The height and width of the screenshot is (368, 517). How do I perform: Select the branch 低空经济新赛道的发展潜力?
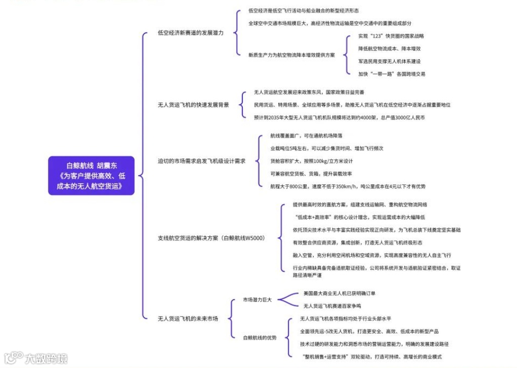[190, 32]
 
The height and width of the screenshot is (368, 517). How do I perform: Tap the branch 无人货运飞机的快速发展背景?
[193, 105]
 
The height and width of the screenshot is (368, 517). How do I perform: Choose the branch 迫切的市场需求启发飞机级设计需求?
[201, 161]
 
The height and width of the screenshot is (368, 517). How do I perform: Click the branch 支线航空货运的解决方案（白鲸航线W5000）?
[211, 237]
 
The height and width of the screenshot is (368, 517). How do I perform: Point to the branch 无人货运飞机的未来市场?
[188, 318]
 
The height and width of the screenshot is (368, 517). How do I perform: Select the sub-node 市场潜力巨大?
[257, 300]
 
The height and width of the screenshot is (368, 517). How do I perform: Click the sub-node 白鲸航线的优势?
[260, 337]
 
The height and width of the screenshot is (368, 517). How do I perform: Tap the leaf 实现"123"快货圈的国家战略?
[391, 36]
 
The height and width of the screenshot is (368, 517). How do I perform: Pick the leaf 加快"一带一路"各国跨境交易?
[392, 74]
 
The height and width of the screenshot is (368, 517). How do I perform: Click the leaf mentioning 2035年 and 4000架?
[339, 117]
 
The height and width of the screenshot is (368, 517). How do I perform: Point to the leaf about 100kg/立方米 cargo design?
[311, 161]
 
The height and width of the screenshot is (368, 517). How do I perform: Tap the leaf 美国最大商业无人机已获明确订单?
[339, 293]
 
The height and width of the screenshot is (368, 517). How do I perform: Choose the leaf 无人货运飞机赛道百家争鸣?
[332, 306]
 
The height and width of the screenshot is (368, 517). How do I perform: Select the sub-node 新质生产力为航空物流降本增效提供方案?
[291, 55]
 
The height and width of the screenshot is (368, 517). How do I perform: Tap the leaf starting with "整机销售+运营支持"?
[370, 356]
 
